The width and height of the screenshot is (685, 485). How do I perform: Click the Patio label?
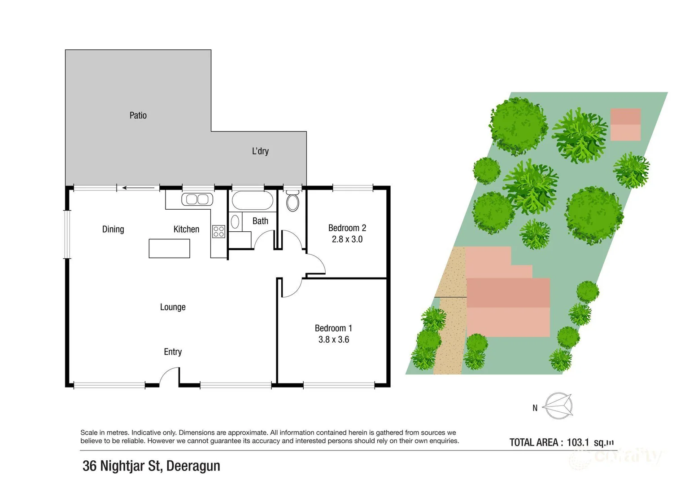[x=138, y=115]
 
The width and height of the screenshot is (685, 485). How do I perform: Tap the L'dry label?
[x=260, y=151]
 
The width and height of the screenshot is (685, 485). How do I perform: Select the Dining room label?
[x=113, y=229]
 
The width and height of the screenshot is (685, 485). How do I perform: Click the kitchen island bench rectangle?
[x=169, y=248]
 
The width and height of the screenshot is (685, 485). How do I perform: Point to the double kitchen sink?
[x=197, y=199]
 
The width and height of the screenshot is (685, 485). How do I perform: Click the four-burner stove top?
[x=218, y=231]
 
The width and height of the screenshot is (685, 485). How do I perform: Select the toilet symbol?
[x=292, y=201]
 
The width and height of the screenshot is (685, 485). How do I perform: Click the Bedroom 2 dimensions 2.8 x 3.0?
[x=347, y=239]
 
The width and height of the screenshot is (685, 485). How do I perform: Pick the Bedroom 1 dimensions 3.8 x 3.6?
[x=333, y=339]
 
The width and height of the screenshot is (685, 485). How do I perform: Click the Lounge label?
[x=173, y=307]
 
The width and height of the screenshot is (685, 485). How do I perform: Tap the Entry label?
[x=173, y=352]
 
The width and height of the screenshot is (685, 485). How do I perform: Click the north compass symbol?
[x=558, y=406]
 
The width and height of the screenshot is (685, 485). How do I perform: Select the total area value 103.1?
[x=578, y=442]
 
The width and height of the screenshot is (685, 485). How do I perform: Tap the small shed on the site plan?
[x=625, y=124]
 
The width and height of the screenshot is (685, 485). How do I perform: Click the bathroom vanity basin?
[x=235, y=222]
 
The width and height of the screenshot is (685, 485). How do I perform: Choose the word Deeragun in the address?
[x=193, y=466]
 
